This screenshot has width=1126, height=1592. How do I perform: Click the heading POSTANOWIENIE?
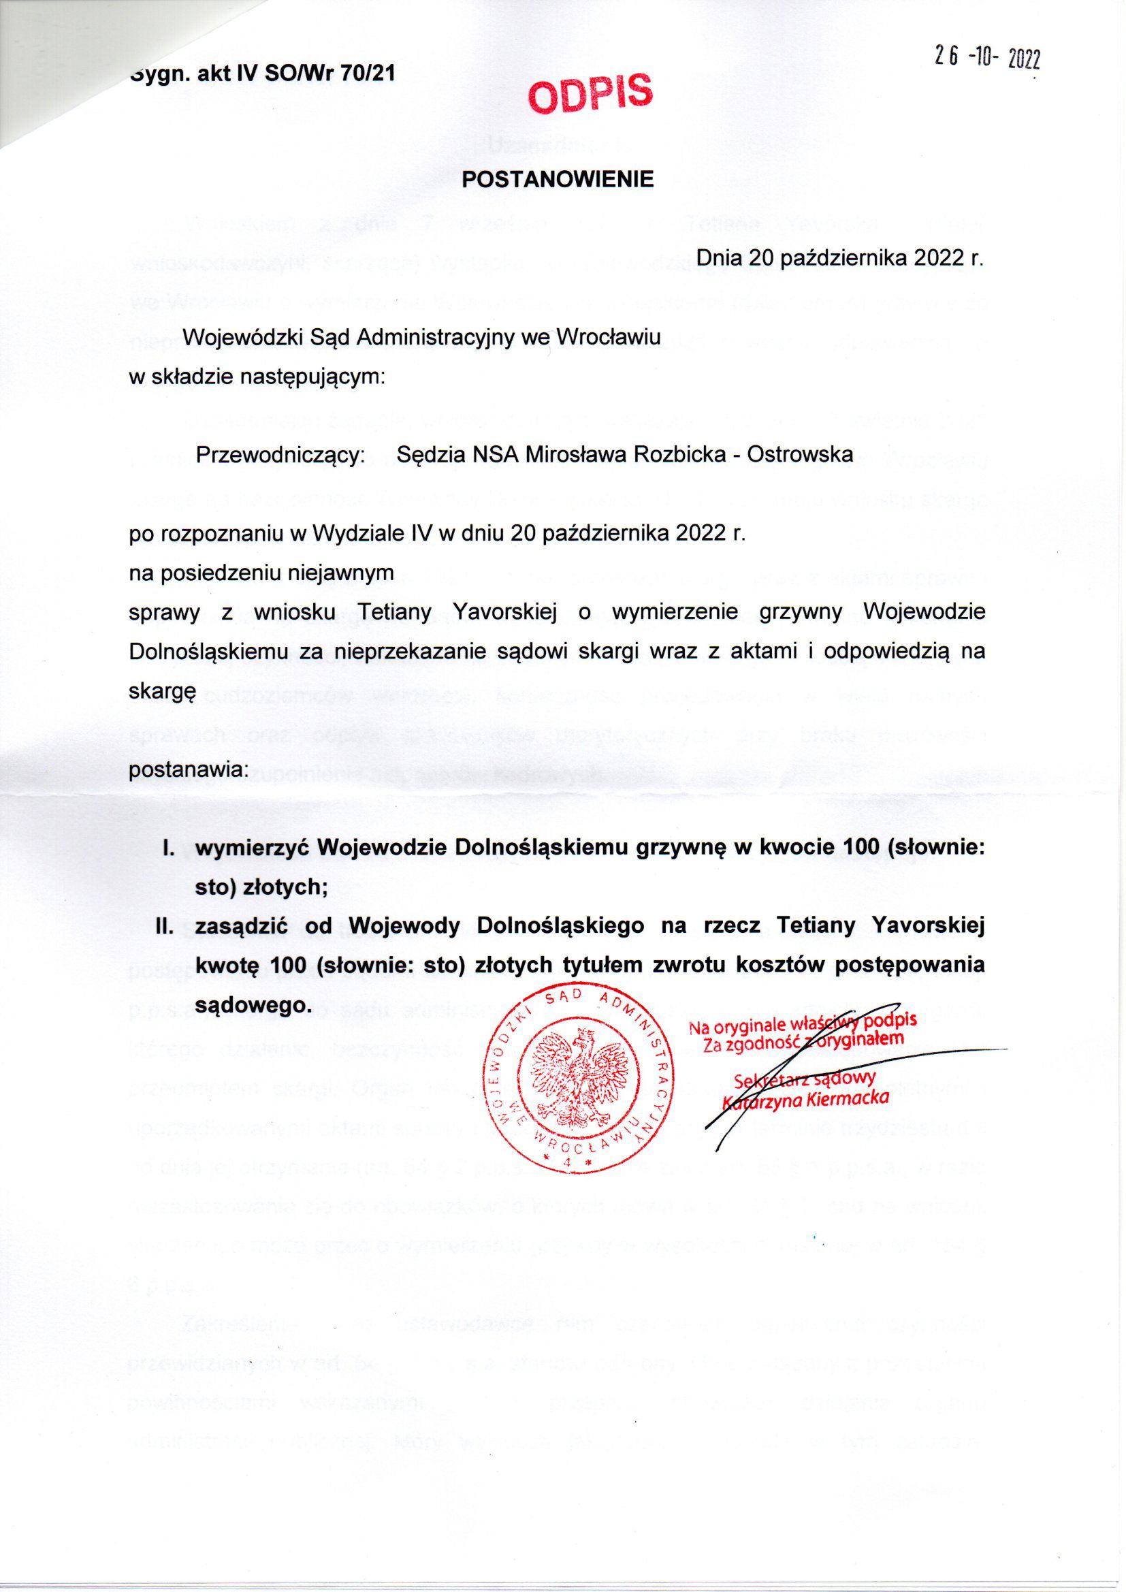tap(558, 180)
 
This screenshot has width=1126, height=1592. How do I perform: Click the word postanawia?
tap(188, 769)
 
